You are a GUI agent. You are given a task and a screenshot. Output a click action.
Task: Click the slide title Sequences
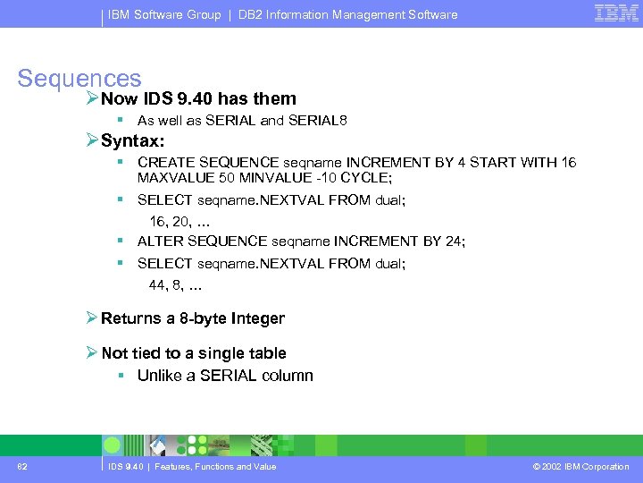coord(79,79)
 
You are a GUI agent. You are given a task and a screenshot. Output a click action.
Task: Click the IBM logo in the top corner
coord(616,13)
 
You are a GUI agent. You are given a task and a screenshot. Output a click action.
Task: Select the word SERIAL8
coord(319,121)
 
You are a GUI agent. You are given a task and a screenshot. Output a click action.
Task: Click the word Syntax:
coord(133,140)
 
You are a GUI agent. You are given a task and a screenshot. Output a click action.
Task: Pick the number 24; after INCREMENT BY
coord(453,241)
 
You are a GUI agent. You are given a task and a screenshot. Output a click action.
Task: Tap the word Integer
coord(258,318)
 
